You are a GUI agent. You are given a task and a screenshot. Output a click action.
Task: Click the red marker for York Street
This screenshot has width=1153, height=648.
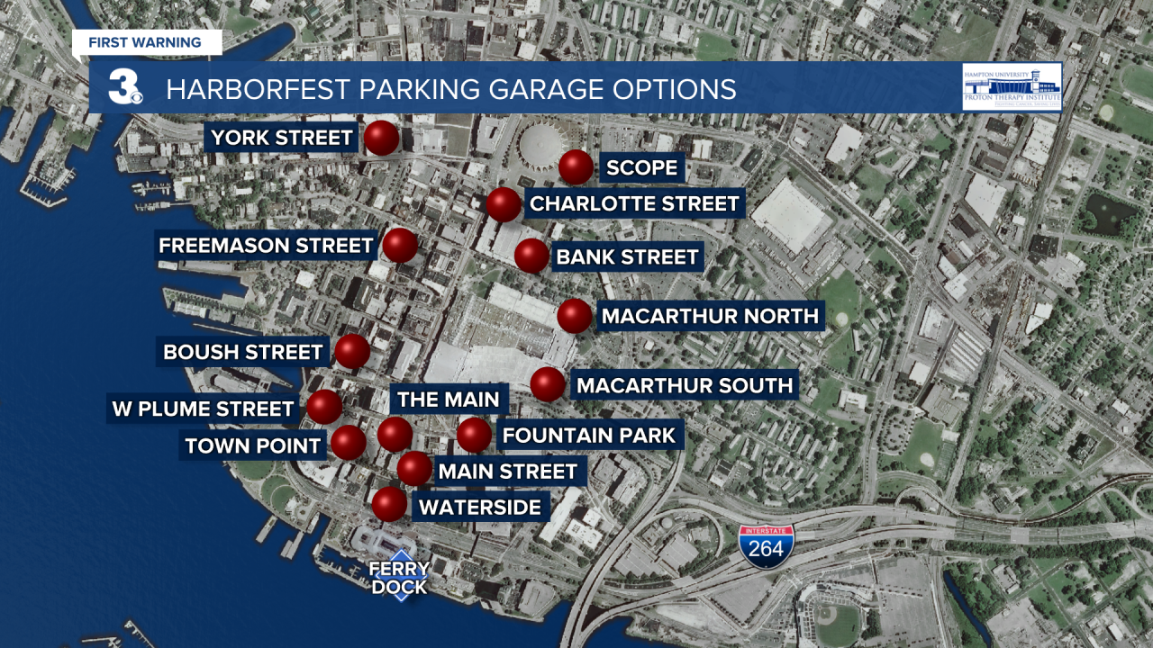[x=382, y=138]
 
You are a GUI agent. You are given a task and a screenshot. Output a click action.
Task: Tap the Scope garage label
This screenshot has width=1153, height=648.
[x=641, y=167]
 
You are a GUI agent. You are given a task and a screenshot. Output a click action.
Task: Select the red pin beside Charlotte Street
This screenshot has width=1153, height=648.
[x=504, y=204]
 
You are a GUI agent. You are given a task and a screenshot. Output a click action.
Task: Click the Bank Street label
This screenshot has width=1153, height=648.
[x=627, y=257]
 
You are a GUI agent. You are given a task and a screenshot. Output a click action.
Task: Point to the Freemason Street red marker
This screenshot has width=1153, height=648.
[x=400, y=245]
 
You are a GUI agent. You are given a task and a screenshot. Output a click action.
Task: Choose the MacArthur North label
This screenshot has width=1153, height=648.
[x=709, y=316]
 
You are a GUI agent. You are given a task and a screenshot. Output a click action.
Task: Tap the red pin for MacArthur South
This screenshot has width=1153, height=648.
[x=547, y=384]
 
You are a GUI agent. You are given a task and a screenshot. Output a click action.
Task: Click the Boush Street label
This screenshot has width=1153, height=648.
[x=242, y=352]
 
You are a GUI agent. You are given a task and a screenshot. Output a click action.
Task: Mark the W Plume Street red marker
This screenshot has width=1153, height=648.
[x=324, y=407]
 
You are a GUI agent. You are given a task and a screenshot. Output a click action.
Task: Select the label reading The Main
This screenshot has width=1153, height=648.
[x=448, y=399]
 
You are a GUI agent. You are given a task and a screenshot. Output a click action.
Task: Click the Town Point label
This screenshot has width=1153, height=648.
[x=252, y=445]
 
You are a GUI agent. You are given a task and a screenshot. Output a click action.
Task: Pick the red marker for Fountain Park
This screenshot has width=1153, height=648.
[x=474, y=436]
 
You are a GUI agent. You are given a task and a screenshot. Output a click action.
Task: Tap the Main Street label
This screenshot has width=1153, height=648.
[x=507, y=471]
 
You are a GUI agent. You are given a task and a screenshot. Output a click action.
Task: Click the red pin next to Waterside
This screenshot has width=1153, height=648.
[x=389, y=504]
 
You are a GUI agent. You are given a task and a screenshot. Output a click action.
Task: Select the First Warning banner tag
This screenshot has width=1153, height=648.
[x=145, y=42]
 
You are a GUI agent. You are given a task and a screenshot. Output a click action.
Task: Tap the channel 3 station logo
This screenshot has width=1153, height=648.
[x=124, y=87]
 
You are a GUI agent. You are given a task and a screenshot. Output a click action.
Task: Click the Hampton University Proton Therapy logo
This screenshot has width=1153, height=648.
[x=1012, y=86]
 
